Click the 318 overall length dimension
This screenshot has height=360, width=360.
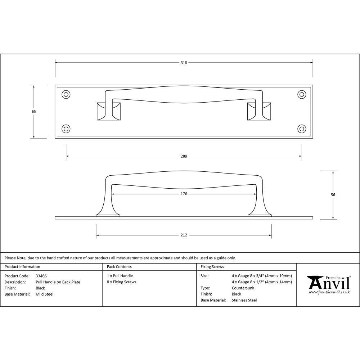[184, 63]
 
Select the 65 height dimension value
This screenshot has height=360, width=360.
[34, 112]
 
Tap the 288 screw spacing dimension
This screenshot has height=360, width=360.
[184, 156]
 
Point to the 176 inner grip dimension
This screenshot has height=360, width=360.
[184, 194]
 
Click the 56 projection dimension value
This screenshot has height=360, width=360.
[333, 195]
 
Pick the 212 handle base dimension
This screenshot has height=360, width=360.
[184, 235]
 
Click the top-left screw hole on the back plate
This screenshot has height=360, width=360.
[66, 95]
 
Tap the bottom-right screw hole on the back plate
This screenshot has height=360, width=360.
[302, 129]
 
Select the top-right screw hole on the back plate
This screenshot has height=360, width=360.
[302, 95]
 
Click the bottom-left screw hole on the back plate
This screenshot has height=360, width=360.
[66, 129]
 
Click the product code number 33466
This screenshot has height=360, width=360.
[41, 276]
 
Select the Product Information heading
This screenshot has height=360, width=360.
[22, 267]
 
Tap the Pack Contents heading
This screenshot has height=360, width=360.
[119, 267]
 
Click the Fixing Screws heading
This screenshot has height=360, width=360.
[212, 267]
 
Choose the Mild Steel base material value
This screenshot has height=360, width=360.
[45, 294]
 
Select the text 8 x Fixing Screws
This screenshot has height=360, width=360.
[122, 282]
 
